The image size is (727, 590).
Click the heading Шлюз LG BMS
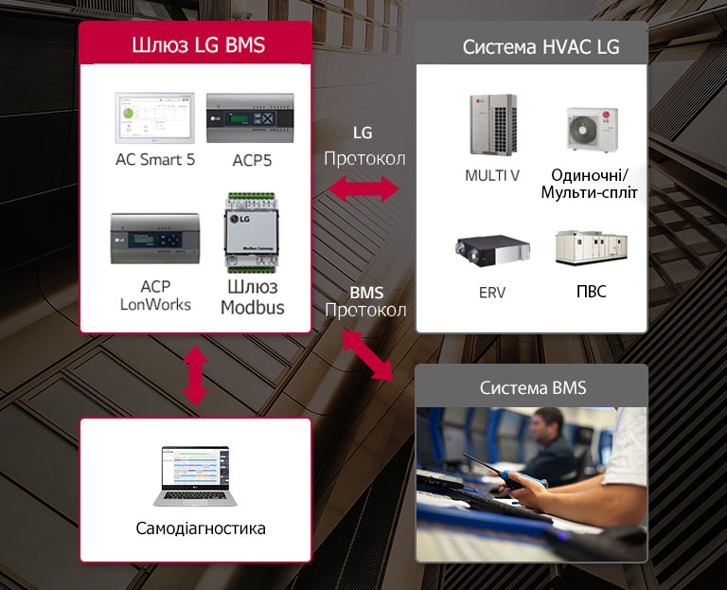tap(196, 45)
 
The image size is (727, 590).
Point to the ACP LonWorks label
tap(155, 295)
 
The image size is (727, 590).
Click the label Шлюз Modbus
tap(253, 297)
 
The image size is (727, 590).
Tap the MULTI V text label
tap(492, 176)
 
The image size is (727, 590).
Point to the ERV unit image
tap(491, 251)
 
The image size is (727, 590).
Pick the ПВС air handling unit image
tap(591, 248)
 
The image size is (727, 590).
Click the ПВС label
tap(591, 292)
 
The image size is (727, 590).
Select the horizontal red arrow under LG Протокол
tap(363, 189)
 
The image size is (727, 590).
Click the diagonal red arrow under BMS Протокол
tap(367, 355)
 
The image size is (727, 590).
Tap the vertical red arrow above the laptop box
tap(195, 375)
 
